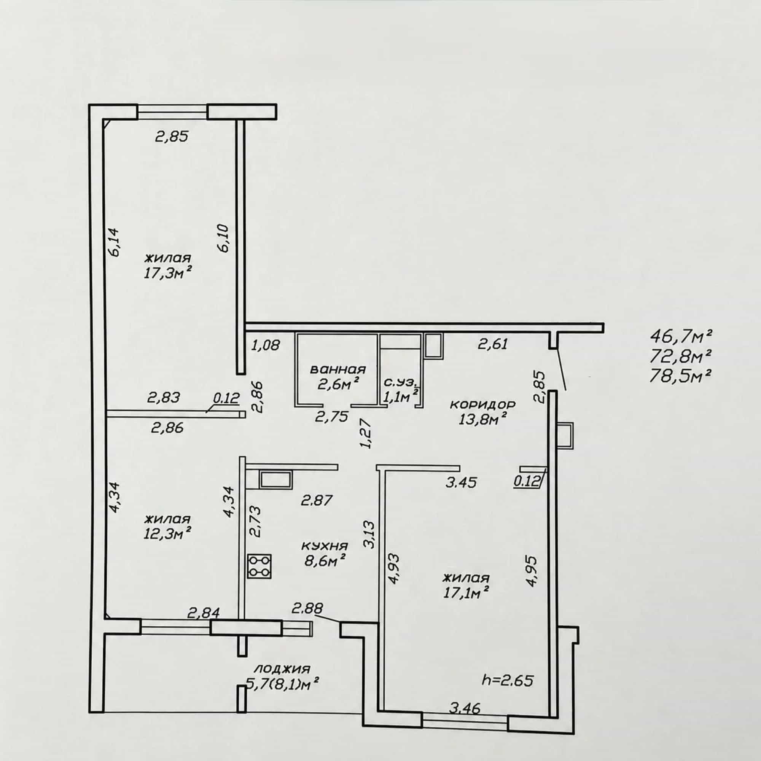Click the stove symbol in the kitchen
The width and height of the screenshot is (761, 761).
[x=260, y=567]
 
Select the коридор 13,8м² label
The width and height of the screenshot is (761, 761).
[x=482, y=412]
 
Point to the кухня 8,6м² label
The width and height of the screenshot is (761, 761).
[x=325, y=553]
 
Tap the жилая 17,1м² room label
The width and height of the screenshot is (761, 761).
[x=466, y=586]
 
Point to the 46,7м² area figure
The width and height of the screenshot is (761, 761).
[x=681, y=337]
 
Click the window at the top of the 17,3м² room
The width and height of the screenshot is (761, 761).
[x=172, y=111]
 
